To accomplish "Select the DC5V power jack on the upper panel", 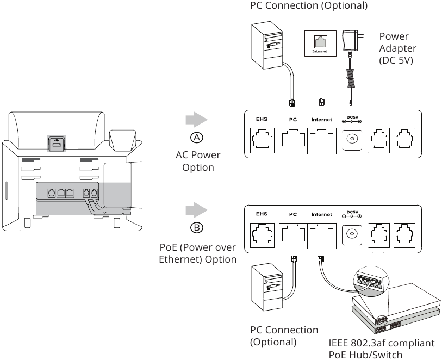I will point(351,140).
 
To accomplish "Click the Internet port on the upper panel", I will point(322,141).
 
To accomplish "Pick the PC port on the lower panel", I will point(293,235).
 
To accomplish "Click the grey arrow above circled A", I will point(196,120).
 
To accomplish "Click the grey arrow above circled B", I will point(196,210).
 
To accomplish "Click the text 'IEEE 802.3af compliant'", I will point(381,343).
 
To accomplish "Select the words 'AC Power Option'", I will point(198,161).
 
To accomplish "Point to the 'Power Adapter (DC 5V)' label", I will point(397,48).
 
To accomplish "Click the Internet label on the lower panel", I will point(321,214).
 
